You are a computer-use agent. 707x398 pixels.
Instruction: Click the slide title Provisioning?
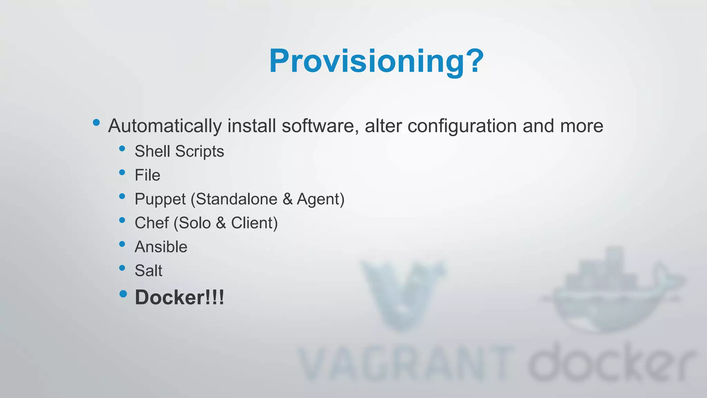point(376,61)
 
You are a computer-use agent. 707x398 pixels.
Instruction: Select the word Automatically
point(165,126)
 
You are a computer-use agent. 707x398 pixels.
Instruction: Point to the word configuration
point(462,126)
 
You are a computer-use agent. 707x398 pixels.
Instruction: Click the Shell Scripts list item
point(179,151)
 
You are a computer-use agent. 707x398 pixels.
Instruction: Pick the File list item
point(147,175)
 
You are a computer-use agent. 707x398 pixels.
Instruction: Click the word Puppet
point(160,199)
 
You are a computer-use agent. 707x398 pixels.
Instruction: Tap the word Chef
point(152,223)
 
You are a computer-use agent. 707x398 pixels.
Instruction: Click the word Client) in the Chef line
point(254,223)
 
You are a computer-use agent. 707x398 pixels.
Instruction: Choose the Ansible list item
point(161,247)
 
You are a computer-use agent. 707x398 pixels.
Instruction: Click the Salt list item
point(148,271)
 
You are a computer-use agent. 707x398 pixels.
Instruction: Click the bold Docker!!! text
point(179,297)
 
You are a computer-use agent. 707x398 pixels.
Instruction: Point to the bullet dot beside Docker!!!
point(123,294)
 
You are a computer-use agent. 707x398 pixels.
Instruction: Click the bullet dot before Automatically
point(96,122)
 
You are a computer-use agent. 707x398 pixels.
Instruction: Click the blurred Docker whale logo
point(611,290)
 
